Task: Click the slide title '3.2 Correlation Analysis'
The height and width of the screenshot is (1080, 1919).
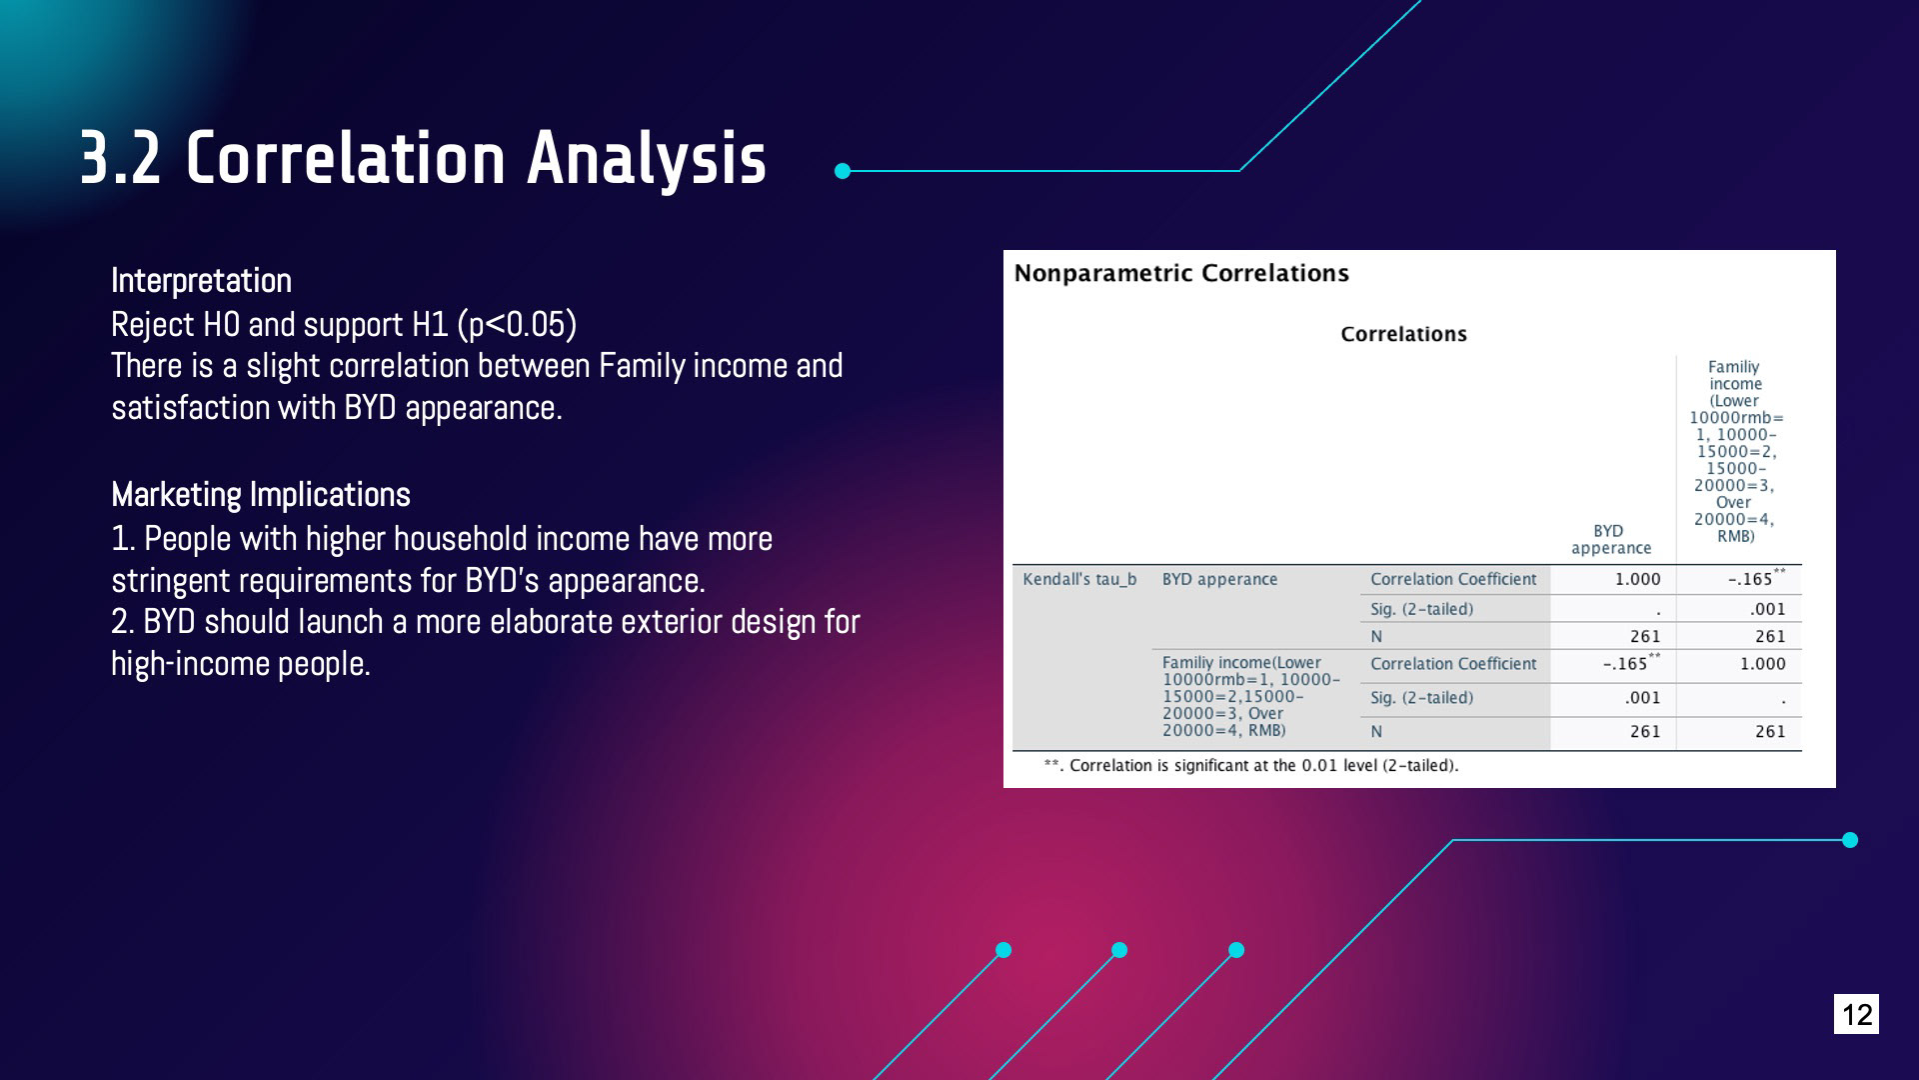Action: [423, 158]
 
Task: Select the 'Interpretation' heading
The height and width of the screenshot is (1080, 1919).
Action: [201, 281]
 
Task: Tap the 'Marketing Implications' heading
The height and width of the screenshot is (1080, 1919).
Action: [261, 495]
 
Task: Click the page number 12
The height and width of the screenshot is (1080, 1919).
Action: [1856, 1014]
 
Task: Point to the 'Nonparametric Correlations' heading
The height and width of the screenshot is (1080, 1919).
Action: [1181, 273]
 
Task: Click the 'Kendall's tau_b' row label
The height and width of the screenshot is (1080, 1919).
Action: [1079, 579]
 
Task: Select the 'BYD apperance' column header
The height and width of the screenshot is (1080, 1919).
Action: [1610, 539]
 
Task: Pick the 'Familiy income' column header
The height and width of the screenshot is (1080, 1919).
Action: [1736, 451]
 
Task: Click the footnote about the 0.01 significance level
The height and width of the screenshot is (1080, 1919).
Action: [1250, 766]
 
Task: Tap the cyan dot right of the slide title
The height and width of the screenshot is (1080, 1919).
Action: [843, 171]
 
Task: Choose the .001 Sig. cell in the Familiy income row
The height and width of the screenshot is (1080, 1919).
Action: [1642, 698]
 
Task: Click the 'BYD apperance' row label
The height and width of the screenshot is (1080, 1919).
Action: [1219, 579]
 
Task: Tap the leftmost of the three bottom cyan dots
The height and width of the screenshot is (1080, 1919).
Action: [1003, 950]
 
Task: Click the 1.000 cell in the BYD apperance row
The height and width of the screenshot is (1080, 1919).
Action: [1637, 579]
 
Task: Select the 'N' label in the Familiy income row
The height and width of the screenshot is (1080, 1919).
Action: [1376, 732]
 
